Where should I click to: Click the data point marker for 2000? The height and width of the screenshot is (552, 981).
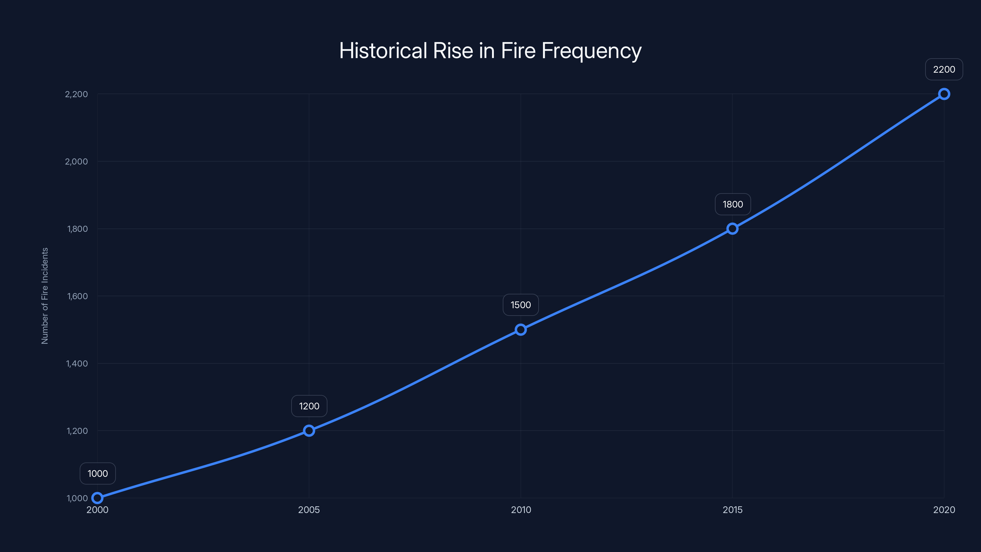[97, 498]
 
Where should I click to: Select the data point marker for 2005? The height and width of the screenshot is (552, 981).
[309, 431]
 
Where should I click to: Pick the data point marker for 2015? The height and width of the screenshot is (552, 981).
[732, 228]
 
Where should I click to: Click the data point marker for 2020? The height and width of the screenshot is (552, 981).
[944, 94]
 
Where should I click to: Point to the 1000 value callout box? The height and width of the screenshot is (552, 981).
[97, 473]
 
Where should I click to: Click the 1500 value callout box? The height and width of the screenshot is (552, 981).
[521, 305]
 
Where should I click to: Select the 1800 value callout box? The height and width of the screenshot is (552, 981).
[732, 204]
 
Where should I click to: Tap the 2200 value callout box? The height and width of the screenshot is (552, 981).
[944, 69]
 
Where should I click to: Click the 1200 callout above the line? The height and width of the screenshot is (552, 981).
[309, 406]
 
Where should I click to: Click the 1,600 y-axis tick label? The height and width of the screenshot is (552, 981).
[77, 296]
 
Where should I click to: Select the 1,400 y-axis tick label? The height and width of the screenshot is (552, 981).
[77, 363]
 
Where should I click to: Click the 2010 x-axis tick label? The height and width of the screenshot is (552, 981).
[521, 510]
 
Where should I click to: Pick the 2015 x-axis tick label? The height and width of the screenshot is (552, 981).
[732, 510]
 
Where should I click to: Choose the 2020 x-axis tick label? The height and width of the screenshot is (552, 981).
[944, 510]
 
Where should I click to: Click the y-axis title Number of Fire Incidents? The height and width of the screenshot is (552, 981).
[44, 296]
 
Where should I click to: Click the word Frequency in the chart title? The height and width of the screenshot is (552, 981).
[591, 51]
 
